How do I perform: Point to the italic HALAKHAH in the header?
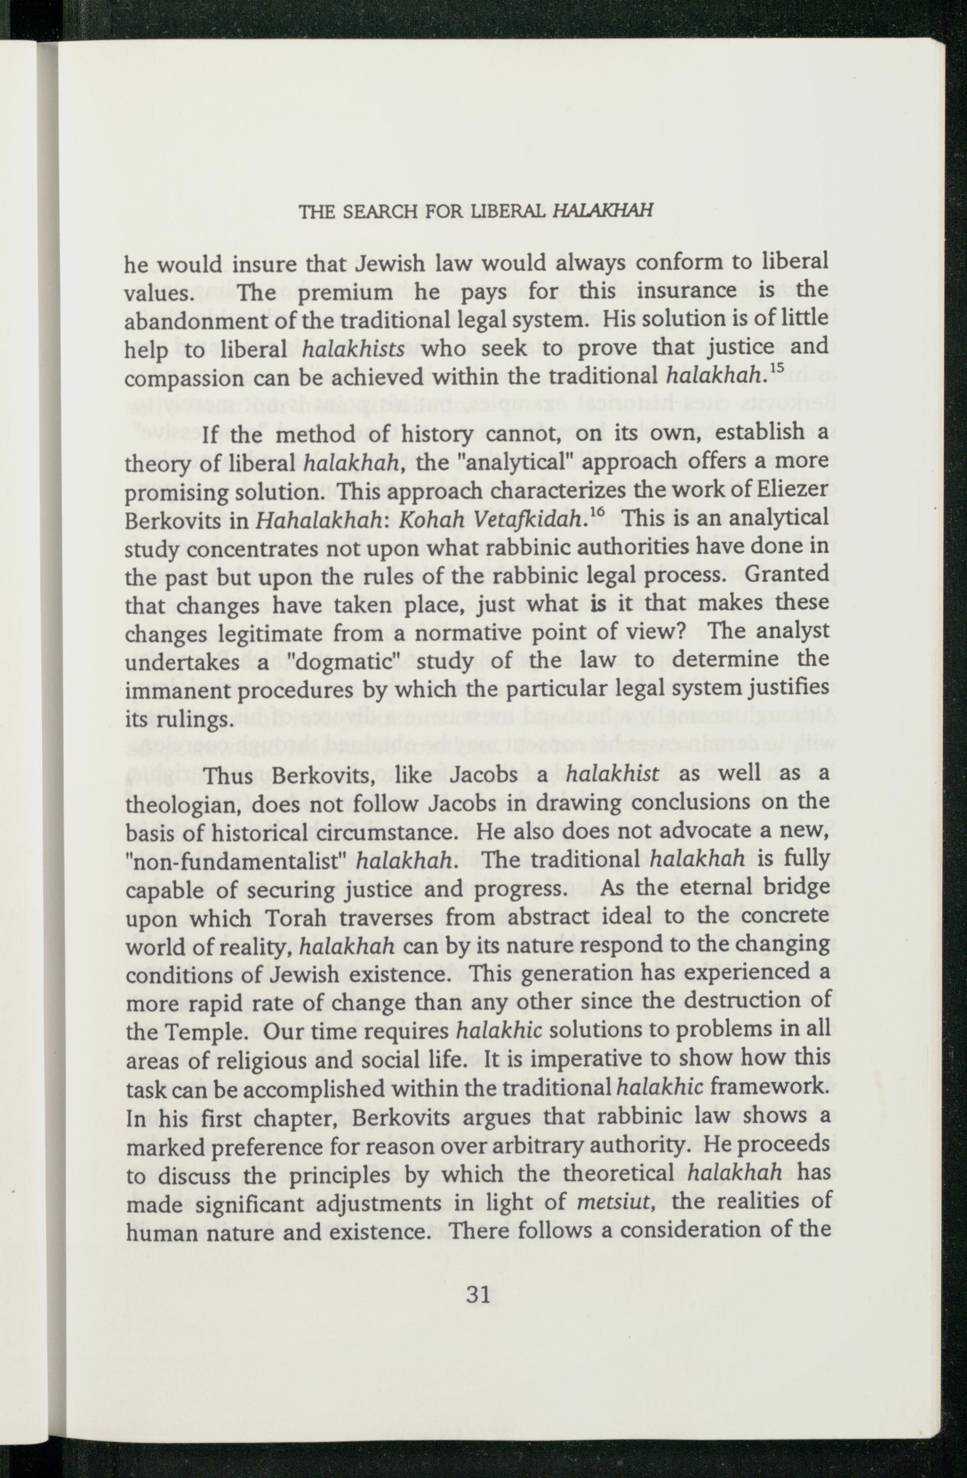pyautogui.click(x=602, y=211)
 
